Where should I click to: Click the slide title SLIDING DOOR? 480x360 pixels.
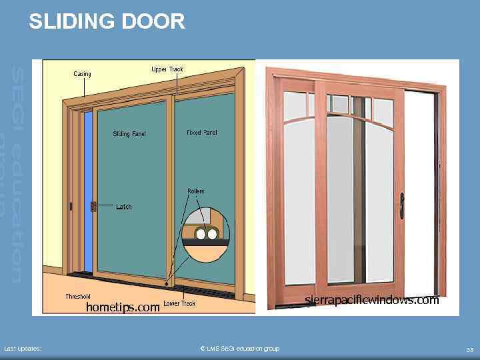pos(107,22)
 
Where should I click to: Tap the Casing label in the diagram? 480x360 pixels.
pos(82,74)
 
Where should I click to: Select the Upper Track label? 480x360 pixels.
pos(167,69)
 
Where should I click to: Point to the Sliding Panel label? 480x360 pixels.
pos(129,134)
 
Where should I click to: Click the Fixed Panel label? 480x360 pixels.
pos(202,133)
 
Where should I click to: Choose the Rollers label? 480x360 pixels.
pos(195,191)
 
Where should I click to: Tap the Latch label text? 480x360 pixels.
pos(124,207)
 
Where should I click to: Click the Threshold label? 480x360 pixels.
pos(78,296)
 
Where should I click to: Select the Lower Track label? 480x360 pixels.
pos(179,304)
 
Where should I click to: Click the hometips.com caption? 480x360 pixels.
pos(123,307)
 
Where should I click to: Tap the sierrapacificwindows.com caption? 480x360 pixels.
pos(372,300)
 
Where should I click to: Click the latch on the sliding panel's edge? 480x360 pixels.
pos(94,207)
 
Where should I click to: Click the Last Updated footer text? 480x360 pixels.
pos(23,349)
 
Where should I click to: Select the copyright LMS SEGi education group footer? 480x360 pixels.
pos(239,349)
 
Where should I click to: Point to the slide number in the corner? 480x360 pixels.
pos(469,349)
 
